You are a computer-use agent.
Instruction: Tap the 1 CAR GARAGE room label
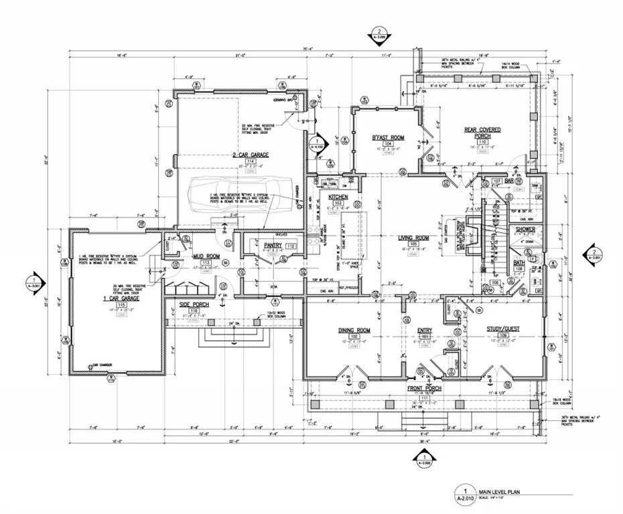point(121,298)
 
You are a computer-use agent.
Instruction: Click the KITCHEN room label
point(338,196)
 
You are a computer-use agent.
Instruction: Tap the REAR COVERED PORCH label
point(482,133)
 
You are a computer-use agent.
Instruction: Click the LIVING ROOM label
point(413,237)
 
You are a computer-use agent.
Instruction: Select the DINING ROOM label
point(354,331)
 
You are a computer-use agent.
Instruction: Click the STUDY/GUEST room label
point(503,329)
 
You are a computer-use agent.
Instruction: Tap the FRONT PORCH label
point(423,388)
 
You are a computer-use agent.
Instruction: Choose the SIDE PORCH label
point(194,305)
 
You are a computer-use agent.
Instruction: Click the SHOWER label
point(525,230)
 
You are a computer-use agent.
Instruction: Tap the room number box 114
point(251,162)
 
